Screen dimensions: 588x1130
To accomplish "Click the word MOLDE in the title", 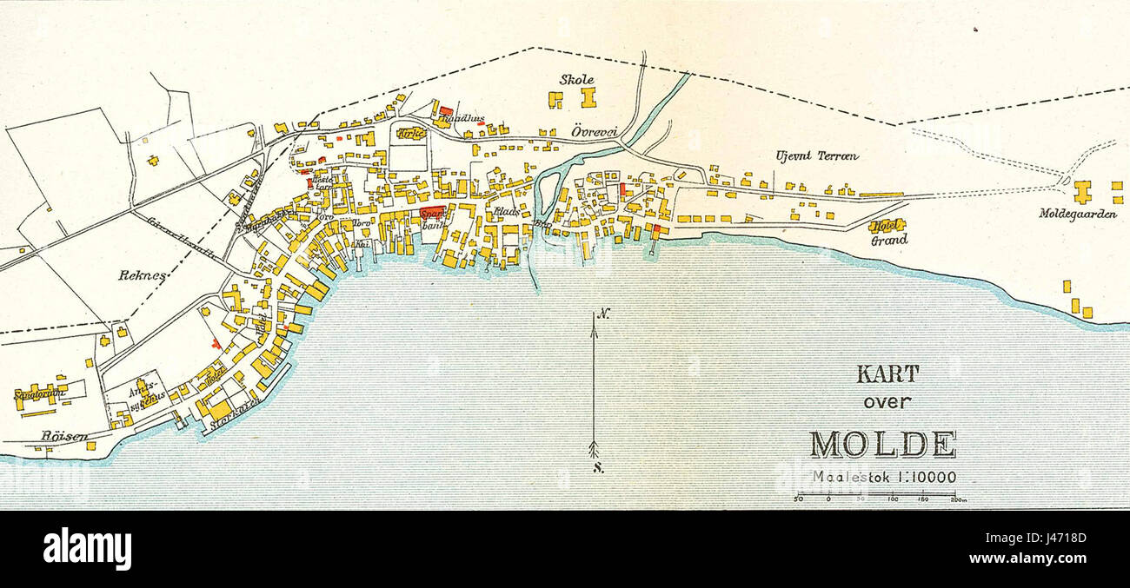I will coord(882,444).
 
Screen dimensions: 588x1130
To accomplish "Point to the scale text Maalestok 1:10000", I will coord(884,476).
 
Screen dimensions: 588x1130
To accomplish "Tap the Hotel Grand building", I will coord(887,226).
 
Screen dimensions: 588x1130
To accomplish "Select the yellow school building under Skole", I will coord(588,97).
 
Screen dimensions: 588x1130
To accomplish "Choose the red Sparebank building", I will coord(430,214).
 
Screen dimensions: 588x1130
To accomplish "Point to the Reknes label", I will coord(143,274).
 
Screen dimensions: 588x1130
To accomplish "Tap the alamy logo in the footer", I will coord(87,549).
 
